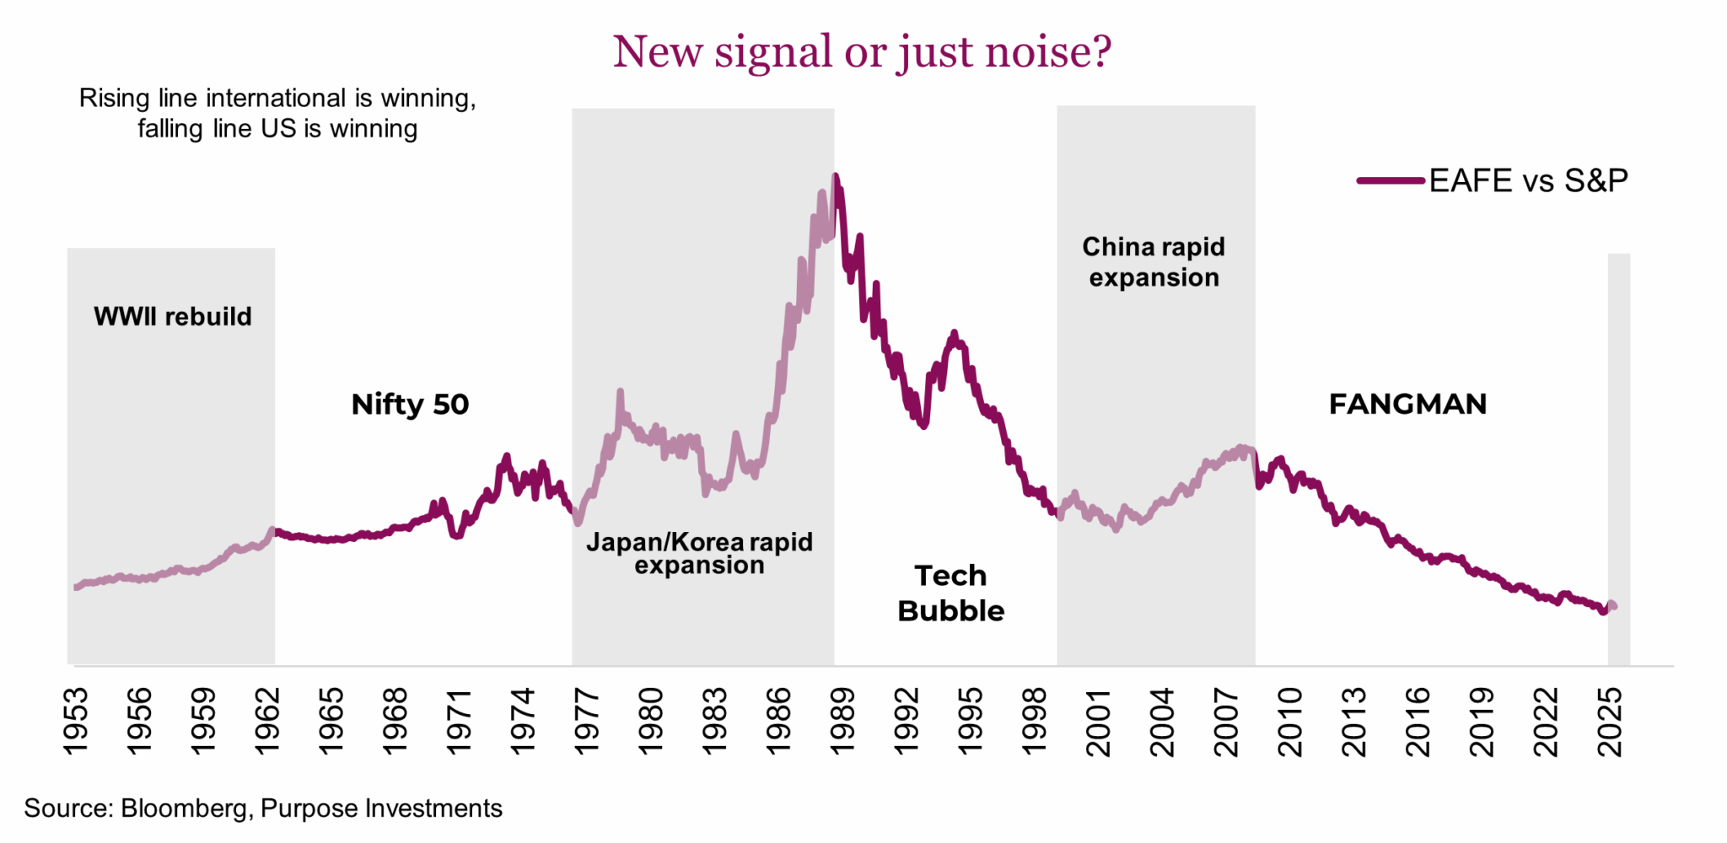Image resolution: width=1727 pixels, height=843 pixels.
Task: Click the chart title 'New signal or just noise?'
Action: coord(862,52)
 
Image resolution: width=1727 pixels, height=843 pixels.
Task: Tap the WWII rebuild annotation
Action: coord(173,316)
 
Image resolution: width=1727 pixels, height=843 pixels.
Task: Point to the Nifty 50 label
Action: coord(410,404)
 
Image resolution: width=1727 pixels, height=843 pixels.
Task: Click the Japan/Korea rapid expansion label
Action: coord(699,553)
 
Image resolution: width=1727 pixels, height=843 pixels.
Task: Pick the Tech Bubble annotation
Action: coord(950,593)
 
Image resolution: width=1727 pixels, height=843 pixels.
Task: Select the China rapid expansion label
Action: coord(1154,261)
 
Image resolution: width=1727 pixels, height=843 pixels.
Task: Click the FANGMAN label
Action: coord(1407,404)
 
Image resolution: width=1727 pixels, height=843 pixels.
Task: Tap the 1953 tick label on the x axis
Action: coord(76,721)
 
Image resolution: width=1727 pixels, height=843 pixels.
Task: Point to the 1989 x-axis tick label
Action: coord(842,721)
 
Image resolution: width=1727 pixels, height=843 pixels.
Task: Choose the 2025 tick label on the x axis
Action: coord(1610,721)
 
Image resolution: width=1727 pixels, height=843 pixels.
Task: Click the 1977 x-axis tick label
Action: coord(587,721)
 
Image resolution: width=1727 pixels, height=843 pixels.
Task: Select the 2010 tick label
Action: coord(1290,721)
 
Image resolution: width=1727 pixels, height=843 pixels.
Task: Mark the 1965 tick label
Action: coord(331,721)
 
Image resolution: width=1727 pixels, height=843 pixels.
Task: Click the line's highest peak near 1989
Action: coord(835,176)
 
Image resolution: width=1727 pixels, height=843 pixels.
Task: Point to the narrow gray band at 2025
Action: coord(1618,455)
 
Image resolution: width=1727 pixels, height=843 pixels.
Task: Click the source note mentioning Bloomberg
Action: coord(263,808)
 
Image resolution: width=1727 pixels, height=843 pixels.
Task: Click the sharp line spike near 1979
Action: coord(620,392)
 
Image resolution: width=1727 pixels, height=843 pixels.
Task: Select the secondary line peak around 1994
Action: coord(954,333)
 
